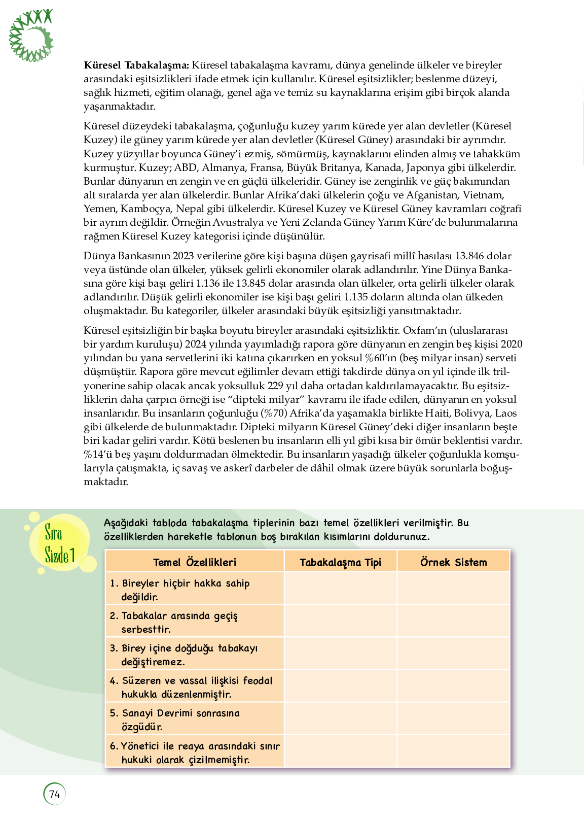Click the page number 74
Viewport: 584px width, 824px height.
(54, 794)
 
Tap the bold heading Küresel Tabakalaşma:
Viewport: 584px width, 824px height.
(136, 65)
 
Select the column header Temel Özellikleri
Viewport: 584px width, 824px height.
(195, 562)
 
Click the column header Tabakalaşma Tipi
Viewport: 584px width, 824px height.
(340, 562)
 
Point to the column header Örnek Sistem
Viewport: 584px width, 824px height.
(453, 562)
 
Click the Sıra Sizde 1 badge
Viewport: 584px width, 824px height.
(59, 544)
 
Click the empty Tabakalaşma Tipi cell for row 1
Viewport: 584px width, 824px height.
(340, 589)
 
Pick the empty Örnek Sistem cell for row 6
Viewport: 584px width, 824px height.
(453, 751)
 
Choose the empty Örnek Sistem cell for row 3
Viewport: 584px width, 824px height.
(453, 654)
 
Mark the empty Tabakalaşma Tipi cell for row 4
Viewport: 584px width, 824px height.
(340, 686)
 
